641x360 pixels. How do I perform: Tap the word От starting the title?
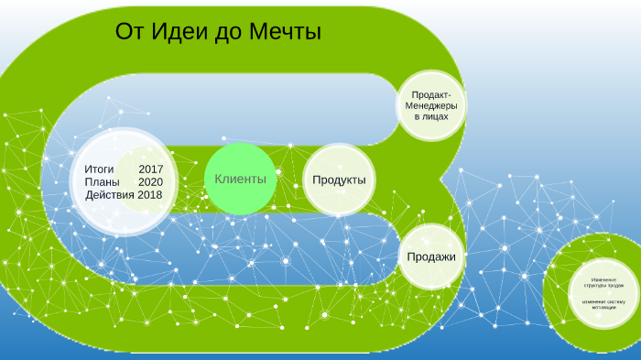(x=127, y=33)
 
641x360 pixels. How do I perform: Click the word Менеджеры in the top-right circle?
(x=430, y=106)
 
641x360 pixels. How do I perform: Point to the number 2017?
(x=151, y=169)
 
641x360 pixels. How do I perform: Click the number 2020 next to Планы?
(x=150, y=182)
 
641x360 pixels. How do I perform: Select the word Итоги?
(x=99, y=169)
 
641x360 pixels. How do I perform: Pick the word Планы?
(x=102, y=182)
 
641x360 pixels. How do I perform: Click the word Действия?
(x=110, y=195)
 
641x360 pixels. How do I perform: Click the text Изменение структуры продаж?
(x=597, y=282)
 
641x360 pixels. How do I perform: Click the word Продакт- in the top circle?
(x=431, y=94)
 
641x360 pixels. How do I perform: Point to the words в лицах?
(x=431, y=118)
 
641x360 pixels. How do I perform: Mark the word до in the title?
(x=227, y=33)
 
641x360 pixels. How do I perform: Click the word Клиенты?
(x=240, y=179)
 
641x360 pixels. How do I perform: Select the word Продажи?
(x=431, y=256)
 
